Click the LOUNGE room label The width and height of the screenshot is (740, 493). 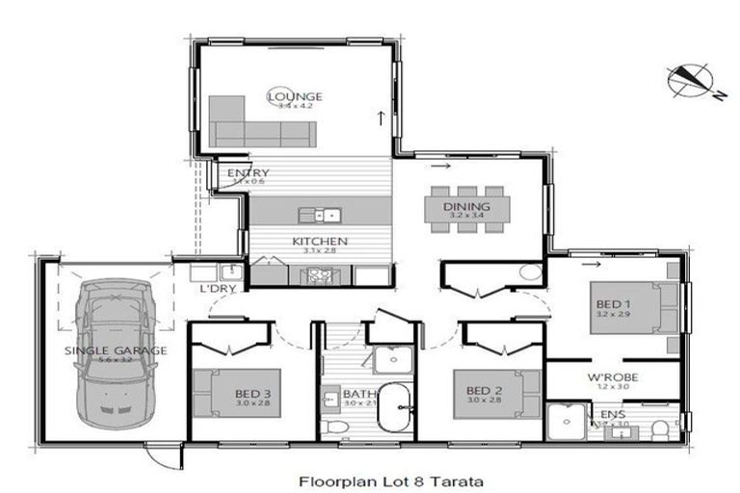pos(295,97)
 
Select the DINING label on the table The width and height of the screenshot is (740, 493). pos(466,207)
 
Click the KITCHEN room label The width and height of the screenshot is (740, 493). pos(319,242)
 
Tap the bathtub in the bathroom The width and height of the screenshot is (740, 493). pos(393,408)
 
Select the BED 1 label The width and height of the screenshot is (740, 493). pos(613,306)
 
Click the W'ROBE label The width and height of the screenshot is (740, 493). pos(613,377)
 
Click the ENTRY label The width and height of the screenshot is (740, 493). pos(248,173)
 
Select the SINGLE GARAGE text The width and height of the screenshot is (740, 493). pos(116,350)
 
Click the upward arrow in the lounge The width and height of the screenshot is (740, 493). pos(382,118)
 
